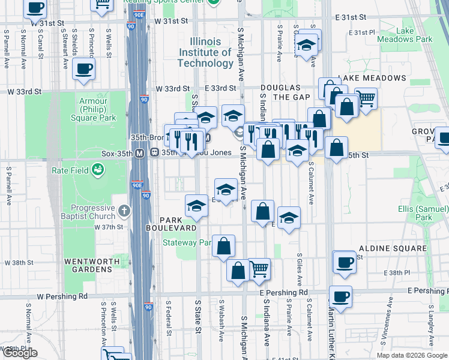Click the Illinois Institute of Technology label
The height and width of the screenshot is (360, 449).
(x=205, y=52)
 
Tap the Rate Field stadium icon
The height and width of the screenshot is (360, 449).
(x=97, y=171)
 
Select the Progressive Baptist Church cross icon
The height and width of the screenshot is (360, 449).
(x=124, y=211)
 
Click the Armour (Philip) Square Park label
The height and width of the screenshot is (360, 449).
(x=93, y=110)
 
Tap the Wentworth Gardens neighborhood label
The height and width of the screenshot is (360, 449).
(x=88, y=265)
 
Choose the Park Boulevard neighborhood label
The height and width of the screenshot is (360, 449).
(x=171, y=224)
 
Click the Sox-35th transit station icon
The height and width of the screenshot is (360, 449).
(x=139, y=153)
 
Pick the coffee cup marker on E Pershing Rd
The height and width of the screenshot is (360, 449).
(x=340, y=296)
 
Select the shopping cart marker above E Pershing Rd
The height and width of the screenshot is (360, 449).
(x=259, y=268)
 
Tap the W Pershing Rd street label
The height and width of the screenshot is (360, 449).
(x=62, y=296)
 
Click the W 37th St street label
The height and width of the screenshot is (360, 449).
(x=109, y=227)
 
